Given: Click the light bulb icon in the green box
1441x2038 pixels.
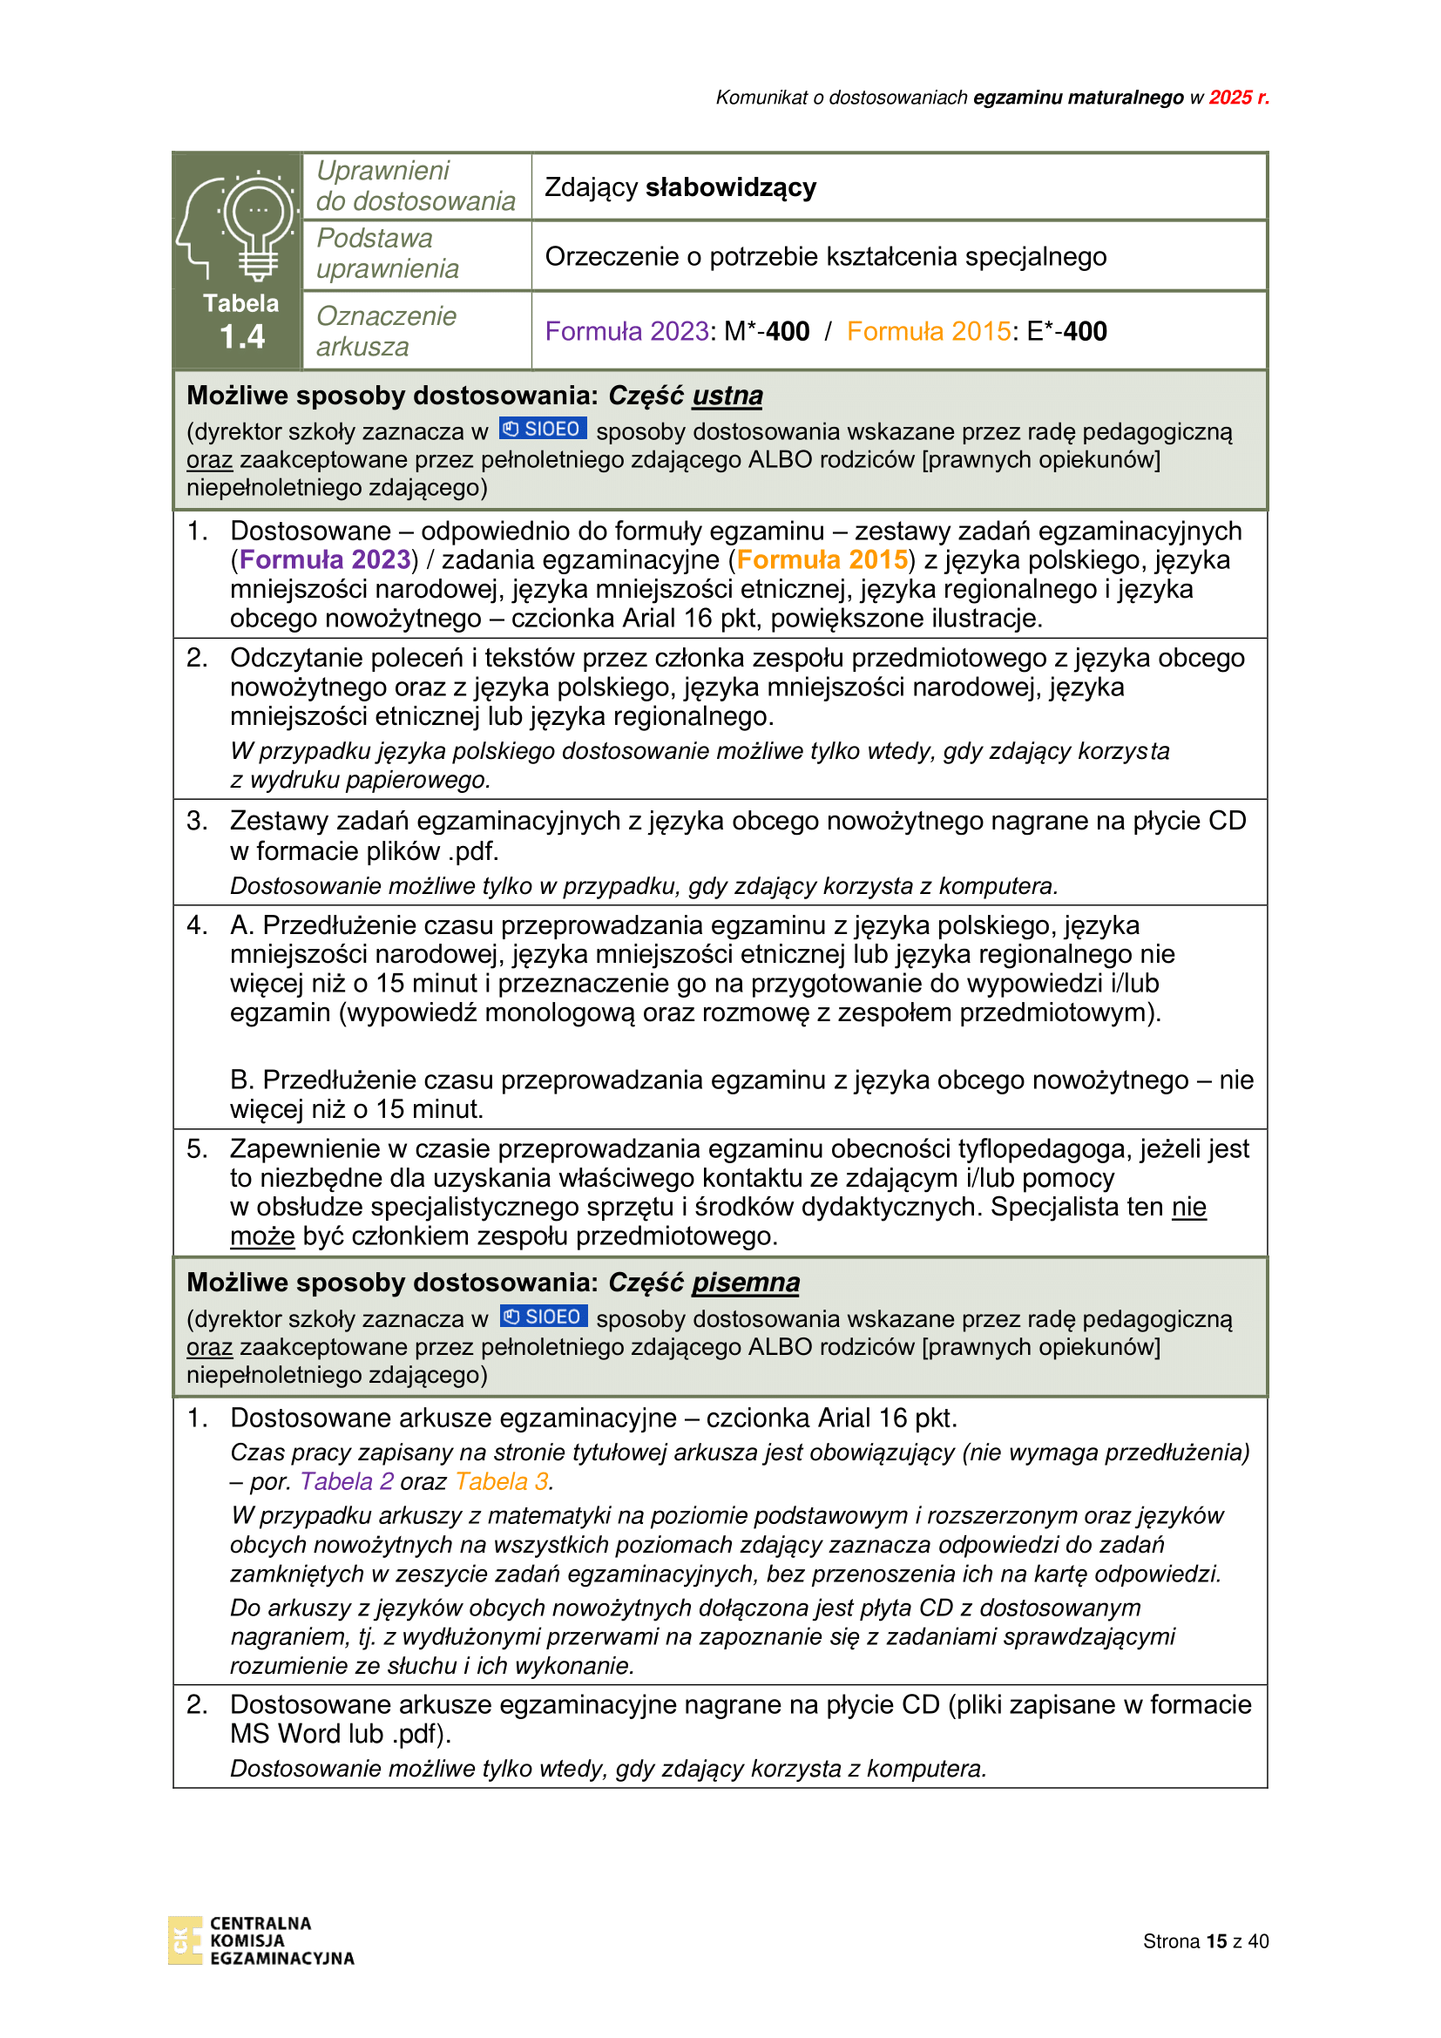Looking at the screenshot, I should (x=257, y=222).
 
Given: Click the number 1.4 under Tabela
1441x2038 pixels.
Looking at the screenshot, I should (x=242, y=337).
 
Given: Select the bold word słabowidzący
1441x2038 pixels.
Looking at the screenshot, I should (x=730, y=187).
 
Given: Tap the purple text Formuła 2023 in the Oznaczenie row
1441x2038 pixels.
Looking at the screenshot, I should (x=626, y=331).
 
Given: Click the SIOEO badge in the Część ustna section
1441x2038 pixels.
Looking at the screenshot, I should (x=542, y=430).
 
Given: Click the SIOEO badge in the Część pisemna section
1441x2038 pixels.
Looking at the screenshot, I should (x=543, y=1317).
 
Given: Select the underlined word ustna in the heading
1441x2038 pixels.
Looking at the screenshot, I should (x=727, y=395).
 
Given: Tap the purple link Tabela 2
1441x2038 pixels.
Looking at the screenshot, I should (x=347, y=1481).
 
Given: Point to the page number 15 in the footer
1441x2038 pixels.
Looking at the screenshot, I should (x=1216, y=1941).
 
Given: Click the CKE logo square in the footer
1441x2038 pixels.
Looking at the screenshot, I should (x=185, y=1940).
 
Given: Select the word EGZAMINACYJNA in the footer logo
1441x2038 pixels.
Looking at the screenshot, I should (x=281, y=1958).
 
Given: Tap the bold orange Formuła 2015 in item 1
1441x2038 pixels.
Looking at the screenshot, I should (x=822, y=560).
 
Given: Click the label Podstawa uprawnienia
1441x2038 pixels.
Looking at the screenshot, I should (x=388, y=254).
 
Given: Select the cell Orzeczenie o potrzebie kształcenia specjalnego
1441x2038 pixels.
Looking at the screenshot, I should (x=825, y=256).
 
